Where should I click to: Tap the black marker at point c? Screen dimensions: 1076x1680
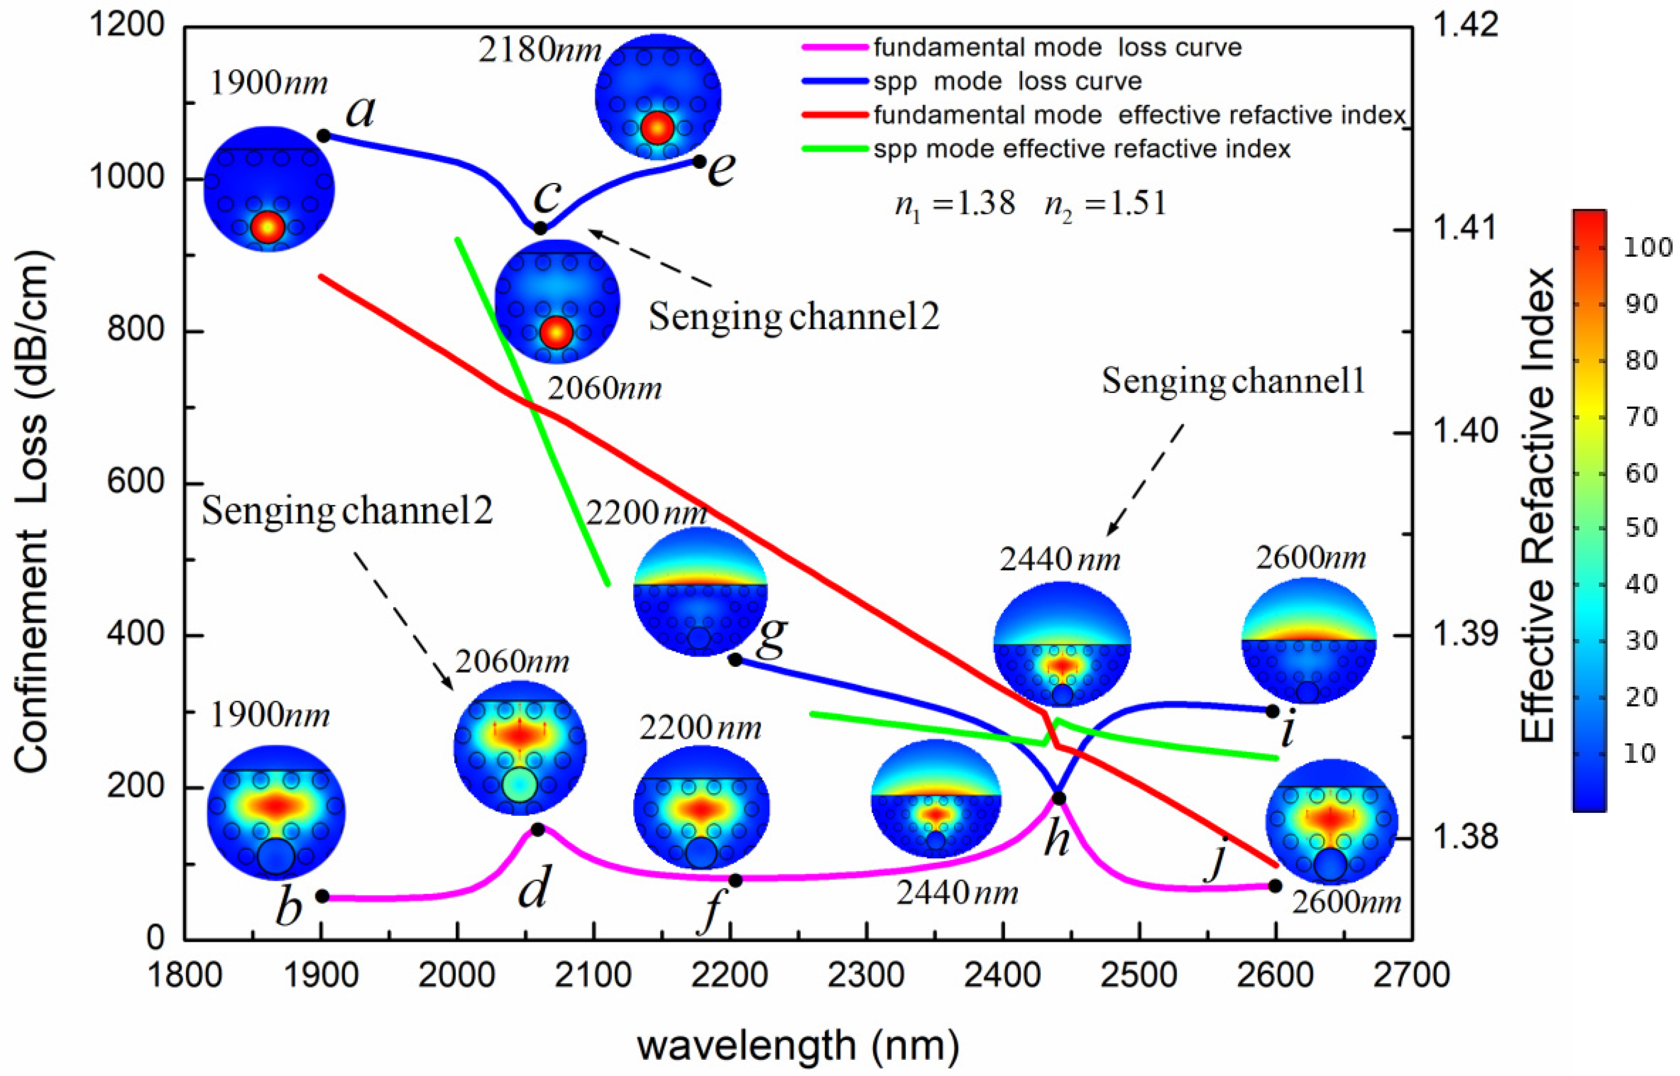(x=540, y=228)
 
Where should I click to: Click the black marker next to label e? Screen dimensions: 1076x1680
(x=699, y=161)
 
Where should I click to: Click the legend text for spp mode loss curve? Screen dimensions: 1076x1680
(x=1007, y=82)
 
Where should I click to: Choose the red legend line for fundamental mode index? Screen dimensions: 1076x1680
(x=835, y=115)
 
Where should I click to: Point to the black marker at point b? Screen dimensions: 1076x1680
(x=323, y=896)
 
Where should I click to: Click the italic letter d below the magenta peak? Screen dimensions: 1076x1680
(x=534, y=886)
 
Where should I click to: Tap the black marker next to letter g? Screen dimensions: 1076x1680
(x=735, y=659)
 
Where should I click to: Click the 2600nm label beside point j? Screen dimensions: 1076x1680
(x=1346, y=903)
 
